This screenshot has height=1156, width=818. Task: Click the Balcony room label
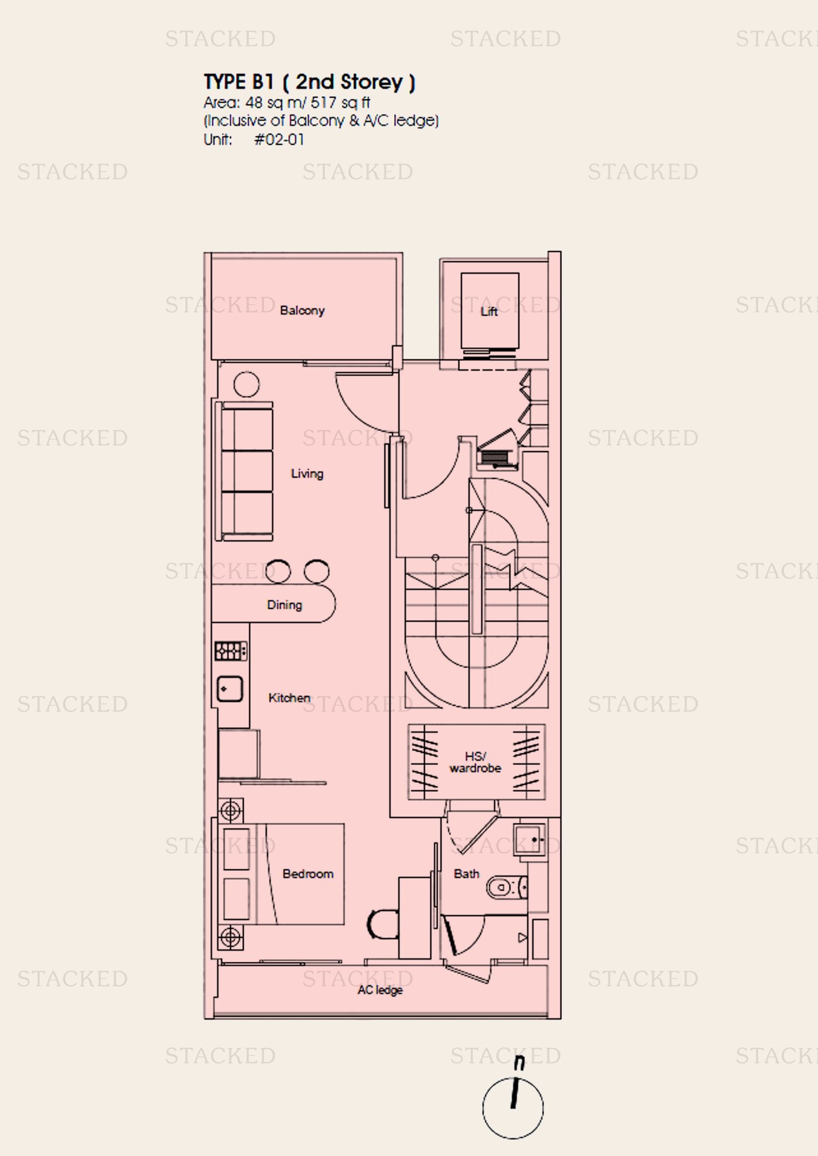click(302, 311)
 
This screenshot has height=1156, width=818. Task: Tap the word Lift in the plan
click(489, 312)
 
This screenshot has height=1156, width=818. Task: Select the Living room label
click(307, 474)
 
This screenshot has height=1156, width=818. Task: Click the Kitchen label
click(289, 698)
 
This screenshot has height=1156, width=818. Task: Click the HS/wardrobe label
click(475, 762)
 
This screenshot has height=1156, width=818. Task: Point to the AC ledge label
click(380, 990)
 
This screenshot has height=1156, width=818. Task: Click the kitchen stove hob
click(231, 651)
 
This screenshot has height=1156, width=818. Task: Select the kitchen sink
click(229, 689)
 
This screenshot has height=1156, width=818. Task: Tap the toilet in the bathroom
click(507, 887)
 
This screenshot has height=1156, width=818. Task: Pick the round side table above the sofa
click(247, 384)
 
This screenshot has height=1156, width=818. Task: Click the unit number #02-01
click(279, 139)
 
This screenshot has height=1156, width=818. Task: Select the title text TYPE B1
click(239, 82)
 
